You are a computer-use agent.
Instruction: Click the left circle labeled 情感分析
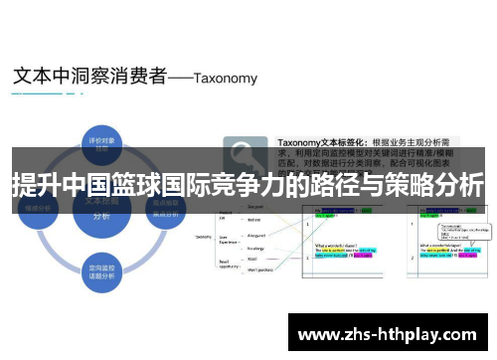click(x=39, y=207)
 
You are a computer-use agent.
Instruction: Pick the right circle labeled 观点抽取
click(x=165, y=207)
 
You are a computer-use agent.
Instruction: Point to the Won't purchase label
click(x=259, y=270)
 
